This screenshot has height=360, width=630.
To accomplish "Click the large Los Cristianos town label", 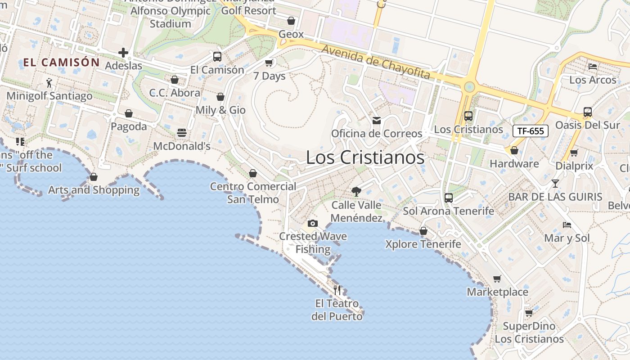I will [x=365, y=157].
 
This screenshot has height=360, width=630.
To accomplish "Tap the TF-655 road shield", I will [x=531, y=131].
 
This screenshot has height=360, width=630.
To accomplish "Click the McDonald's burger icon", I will [x=182, y=133].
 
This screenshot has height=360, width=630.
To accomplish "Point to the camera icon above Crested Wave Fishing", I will [x=312, y=223].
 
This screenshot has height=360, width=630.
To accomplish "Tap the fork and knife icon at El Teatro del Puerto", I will [x=337, y=290].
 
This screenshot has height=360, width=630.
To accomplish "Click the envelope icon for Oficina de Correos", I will [x=376, y=121].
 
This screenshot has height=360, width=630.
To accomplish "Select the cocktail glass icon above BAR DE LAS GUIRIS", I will [x=555, y=184].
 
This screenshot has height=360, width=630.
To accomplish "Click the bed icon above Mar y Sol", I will [x=567, y=225].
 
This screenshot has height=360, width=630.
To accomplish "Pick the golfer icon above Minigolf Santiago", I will [x=49, y=83].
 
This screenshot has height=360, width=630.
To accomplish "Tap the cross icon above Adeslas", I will [x=123, y=53].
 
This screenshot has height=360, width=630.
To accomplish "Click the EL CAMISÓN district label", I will [x=61, y=63].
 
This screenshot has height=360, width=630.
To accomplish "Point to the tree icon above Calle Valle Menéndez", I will [x=356, y=192].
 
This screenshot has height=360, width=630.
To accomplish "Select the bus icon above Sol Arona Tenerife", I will [x=448, y=198].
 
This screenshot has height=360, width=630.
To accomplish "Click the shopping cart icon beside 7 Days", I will [x=269, y=63].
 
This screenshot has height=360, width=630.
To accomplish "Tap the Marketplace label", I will [x=497, y=292].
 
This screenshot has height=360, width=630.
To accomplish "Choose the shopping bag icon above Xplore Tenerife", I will [x=423, y=231].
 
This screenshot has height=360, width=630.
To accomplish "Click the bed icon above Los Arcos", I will [x=593, y=67].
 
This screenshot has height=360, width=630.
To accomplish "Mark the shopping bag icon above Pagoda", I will [x=129, y=113].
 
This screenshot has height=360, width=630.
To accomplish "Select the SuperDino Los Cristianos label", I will [x=529, y=333].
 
